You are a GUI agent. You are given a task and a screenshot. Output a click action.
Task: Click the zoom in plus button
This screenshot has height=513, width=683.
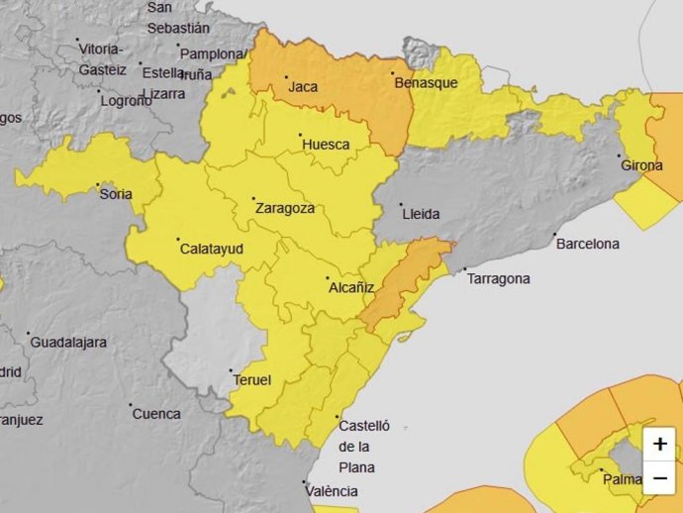pyautogui.click(x=660, y=445)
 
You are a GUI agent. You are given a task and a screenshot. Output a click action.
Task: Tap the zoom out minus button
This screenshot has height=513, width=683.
pyautogui.click(x=660, y=478)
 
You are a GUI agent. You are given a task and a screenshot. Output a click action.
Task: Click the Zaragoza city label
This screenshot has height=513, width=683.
pyautogui.click(x=285, y=209)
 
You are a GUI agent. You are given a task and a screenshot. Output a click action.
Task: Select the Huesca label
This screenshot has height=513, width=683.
pyautogui.click(x=326, y=145)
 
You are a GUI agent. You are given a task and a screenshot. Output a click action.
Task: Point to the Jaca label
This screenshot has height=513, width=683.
pyautogui.click(x=302, y=87)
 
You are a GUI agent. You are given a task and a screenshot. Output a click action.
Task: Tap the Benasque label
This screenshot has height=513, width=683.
pyautogui.click(x=426, y=83)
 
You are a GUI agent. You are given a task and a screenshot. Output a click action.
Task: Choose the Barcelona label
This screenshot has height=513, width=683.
pyautogui.click(x=587, y=244)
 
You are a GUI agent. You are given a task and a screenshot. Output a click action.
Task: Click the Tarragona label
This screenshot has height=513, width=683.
pyautogui.click(x=498, y=279)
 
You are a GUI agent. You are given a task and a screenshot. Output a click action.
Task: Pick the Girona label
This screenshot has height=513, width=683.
pyautogui.click(x=641, y=165)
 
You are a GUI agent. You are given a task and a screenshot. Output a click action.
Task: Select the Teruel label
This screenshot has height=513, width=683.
pyautogui.click(x=251, y=379)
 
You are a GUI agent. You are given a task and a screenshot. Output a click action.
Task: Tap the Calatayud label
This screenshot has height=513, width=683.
pyautogui.click(x=211, y=250)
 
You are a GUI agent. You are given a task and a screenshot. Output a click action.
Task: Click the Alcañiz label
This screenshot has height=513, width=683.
pyautogui.click(x=350, y=288)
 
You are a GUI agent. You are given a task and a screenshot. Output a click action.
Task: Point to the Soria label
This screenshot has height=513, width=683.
pyautogui.click(x=117, y=194)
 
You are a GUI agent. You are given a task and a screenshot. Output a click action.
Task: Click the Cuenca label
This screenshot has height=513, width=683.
pyautogui.click(x=157, y=414)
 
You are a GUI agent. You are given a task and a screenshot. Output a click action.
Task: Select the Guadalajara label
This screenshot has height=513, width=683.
pyautogui.click(x=68, y=343)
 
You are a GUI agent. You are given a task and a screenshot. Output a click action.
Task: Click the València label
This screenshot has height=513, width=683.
pyautogui.click(x=333, y=491)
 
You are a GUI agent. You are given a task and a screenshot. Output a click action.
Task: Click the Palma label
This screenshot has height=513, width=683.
pyautogui.click(x=623, y=480)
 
